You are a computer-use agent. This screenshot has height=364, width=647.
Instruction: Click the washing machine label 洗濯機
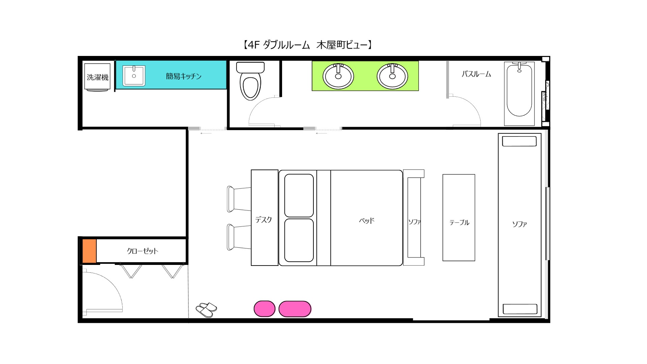[97, 77]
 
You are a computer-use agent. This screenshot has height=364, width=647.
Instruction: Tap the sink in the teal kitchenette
[134, 76]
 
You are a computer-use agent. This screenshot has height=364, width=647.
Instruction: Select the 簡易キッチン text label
[183, 76]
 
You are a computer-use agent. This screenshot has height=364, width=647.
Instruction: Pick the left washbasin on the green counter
[338, 76]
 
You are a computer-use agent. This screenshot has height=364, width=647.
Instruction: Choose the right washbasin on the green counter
[392, 76]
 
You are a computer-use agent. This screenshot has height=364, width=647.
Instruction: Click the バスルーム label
[476, 74]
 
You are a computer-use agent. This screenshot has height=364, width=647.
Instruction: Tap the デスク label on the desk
[264, 220]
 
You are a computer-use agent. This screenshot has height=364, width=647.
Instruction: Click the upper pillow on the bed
[299, 195]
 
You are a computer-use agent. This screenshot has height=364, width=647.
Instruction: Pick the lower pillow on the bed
[299, 240]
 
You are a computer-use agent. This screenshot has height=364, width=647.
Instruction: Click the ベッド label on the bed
[367, 221]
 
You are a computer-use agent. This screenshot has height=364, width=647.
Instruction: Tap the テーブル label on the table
[459, 222]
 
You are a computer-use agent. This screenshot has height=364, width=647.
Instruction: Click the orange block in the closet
[89, 251]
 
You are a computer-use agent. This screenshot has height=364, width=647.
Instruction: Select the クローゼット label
[142, 251]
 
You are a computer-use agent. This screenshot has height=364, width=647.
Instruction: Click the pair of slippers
[206, 309]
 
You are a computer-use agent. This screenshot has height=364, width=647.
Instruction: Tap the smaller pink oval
[265, 309]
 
